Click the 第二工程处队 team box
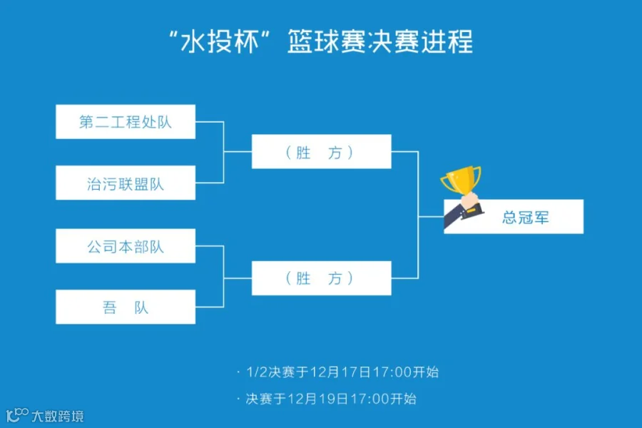[126, 122]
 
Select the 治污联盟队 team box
[126, 183]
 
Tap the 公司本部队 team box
[126, 247]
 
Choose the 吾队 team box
[126, 307]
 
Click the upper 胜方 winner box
[321, 152]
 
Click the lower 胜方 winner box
[321, 278]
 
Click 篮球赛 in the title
[327, 41]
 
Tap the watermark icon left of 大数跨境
[17, 414]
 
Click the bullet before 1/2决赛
[238, 372]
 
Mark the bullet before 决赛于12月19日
[238, 399]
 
